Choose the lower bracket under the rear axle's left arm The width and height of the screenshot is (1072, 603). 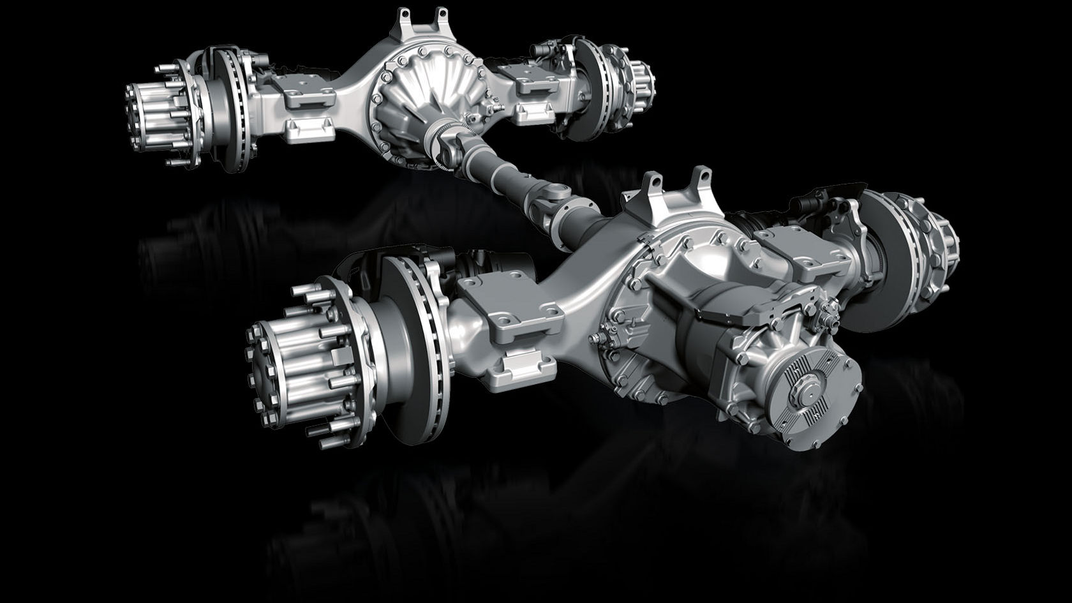tap(312, 130)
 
